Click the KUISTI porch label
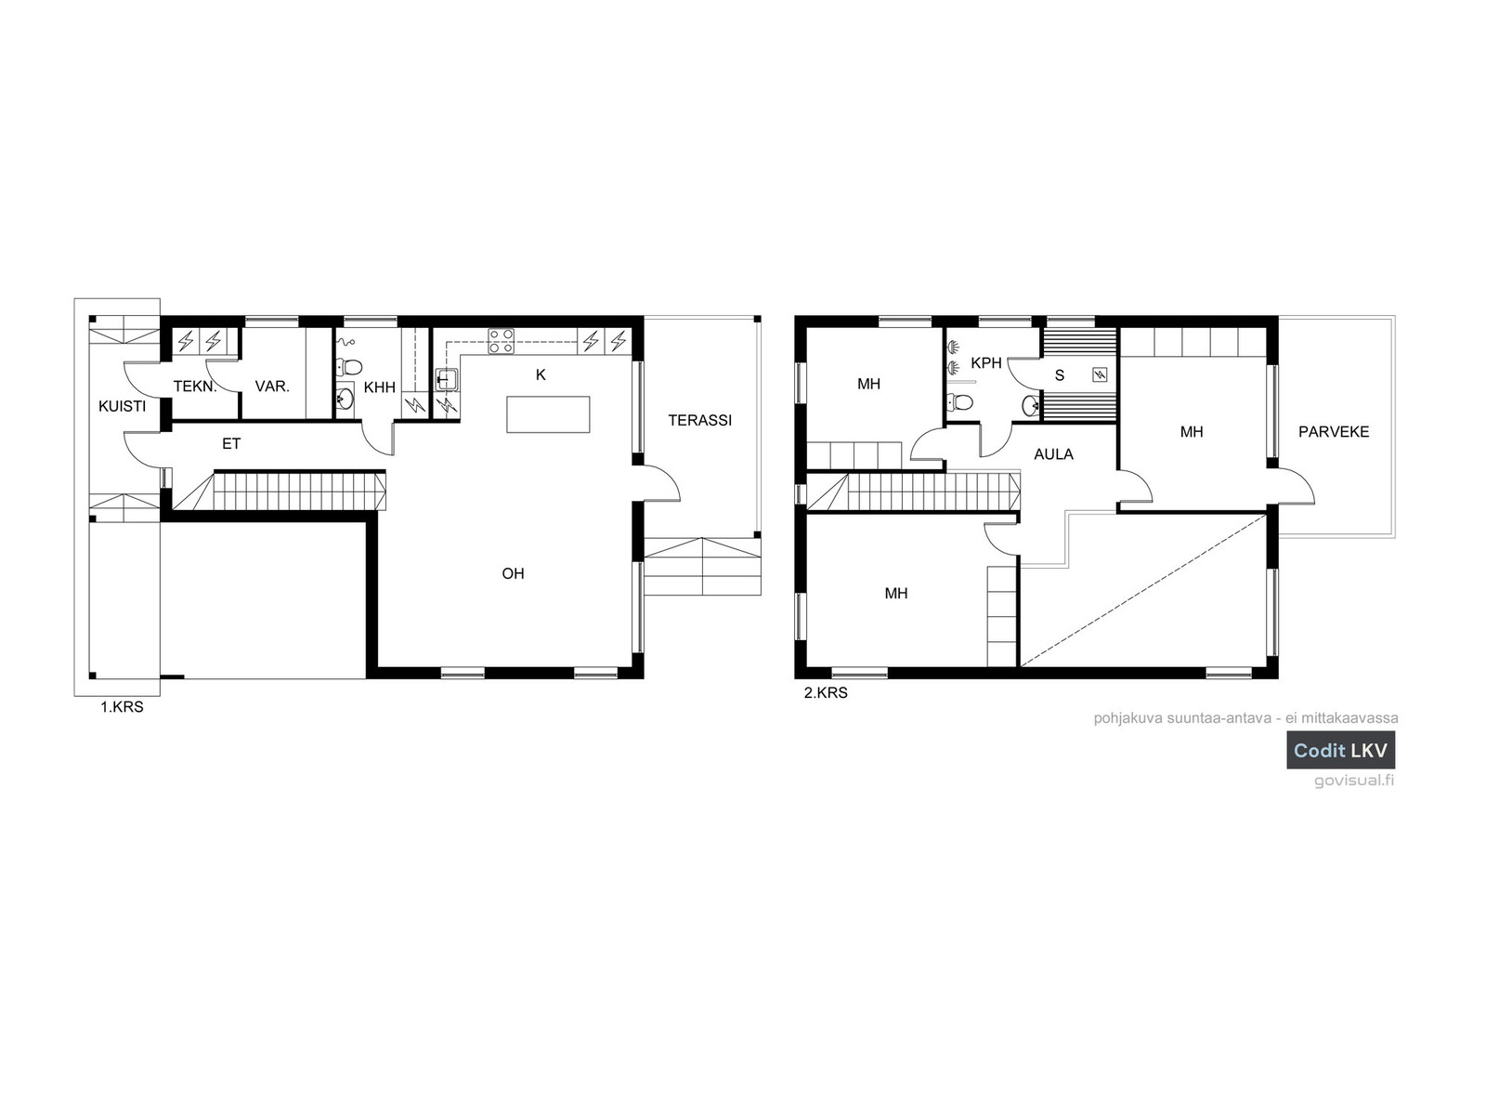[x=122, y=406]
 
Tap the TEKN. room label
[x=195, y=387]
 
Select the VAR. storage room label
[x=272, y=387]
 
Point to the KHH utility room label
[x=379, y=387]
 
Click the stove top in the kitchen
[x=501, y=341]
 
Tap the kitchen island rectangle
[x=548, y=414]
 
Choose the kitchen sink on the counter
[x=446, y=380]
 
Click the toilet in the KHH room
[x=348, y=368]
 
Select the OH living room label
[x=513, y=573]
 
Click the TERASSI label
[x=700, y=420]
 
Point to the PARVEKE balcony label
[x=1333, y=432]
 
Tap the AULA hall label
[x=1053, y=454]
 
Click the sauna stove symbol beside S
[x=1101, y=374]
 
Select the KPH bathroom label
[x=985, y=363]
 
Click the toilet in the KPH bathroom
[x=959, y=403]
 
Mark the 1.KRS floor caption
[x=122, y=707]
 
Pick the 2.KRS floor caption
[x=826, y=692]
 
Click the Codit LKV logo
[x=1340, y=750]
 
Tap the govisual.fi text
[x=1354, y=780]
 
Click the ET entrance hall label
[x=231, y=443]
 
